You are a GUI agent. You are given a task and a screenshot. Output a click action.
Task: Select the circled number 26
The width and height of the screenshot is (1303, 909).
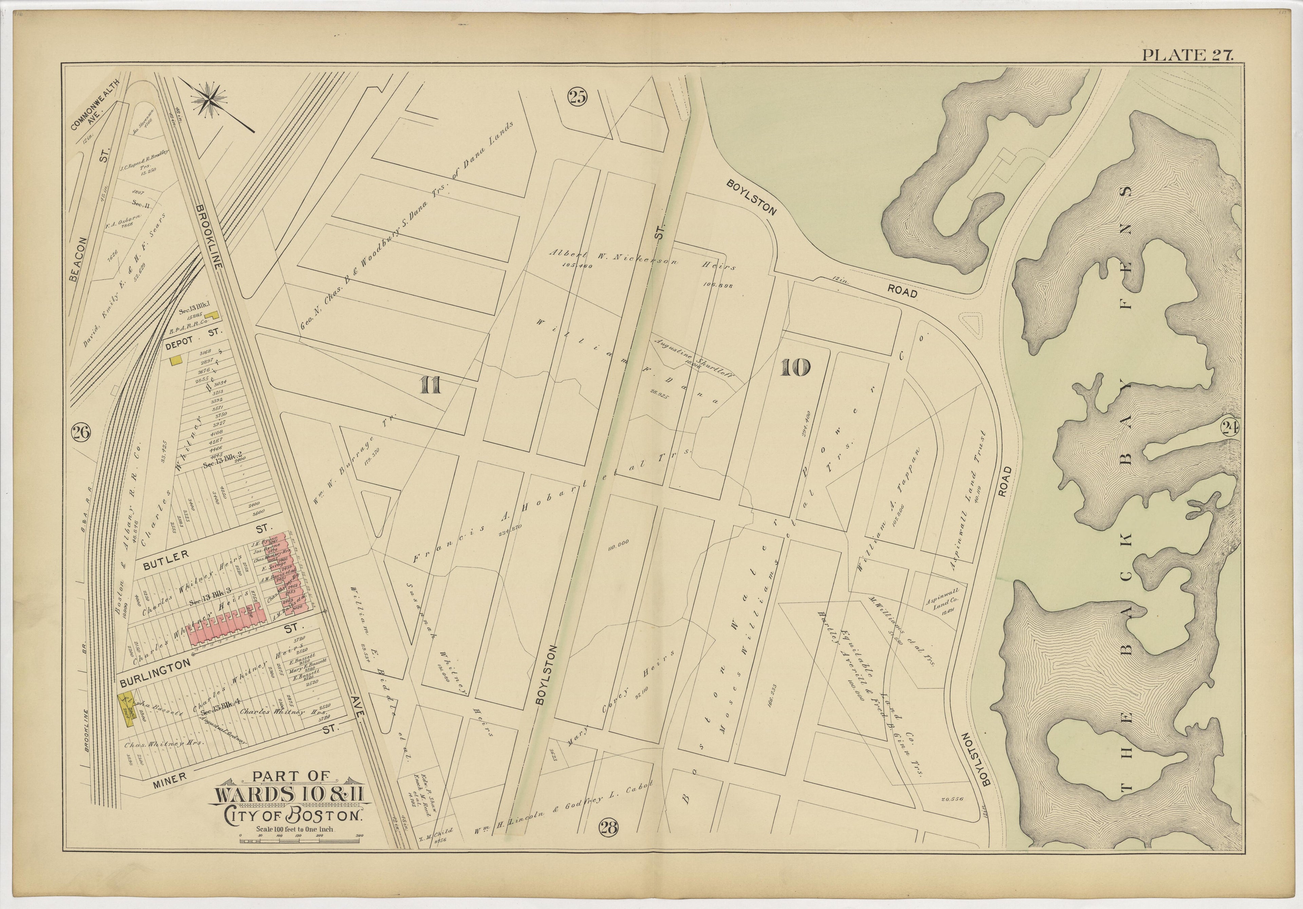pyautogui.click(x=80, y=433)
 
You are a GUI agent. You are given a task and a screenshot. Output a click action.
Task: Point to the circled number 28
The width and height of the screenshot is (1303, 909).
pyautogui.click(x=608, y=828)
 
